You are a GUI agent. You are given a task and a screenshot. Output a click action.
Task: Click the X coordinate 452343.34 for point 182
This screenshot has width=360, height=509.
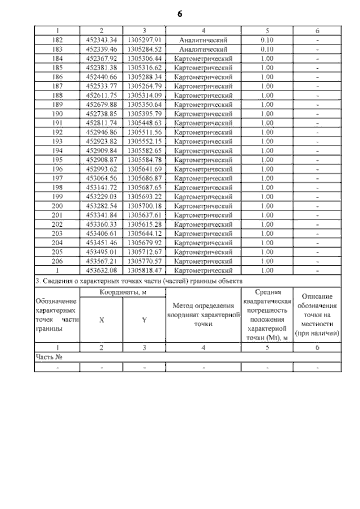(101, 40)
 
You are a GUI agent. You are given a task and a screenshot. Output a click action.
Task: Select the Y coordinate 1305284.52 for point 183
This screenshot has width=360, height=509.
(145, 49)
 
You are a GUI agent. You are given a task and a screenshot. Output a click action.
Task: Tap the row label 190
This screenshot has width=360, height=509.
(57, 114)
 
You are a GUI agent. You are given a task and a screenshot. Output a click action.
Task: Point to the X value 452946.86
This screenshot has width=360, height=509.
(101, 132)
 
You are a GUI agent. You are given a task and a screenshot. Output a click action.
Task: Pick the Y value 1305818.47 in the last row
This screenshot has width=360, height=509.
(145, 271)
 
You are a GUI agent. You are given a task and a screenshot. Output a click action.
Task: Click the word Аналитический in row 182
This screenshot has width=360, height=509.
(204, 40)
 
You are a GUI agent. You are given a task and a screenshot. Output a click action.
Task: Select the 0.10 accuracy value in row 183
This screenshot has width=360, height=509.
(267, 49)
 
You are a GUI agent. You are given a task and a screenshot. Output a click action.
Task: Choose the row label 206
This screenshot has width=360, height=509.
(57, 261)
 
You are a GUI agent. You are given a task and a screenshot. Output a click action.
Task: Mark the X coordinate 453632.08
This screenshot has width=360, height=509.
(101, 271)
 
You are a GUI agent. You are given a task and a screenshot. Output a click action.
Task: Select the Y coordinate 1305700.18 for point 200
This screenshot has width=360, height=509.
(145, 206)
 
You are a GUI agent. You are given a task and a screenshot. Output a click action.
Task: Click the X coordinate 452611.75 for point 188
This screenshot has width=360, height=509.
(101, 96)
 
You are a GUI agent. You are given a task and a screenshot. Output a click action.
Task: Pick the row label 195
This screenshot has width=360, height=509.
(57, 160)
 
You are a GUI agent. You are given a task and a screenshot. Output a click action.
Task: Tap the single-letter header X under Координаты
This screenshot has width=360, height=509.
(101, 319)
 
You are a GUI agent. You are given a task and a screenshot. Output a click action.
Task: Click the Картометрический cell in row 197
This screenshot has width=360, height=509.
(204, 178)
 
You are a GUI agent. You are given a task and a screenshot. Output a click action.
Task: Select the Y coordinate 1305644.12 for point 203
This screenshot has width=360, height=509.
(145, 233)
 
